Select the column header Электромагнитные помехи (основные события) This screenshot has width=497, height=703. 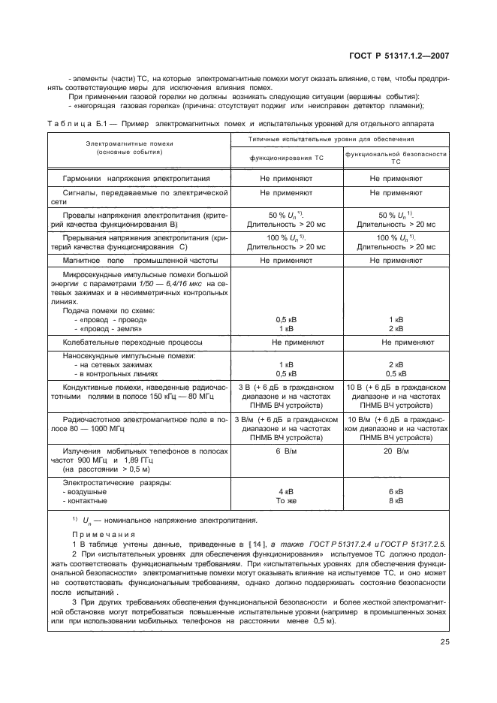119,147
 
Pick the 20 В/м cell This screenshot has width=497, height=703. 396,451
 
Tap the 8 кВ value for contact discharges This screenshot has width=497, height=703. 396,500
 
